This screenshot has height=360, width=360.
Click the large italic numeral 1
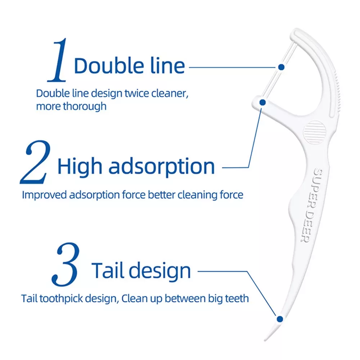(58, 60)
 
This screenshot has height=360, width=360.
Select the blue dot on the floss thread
(282, 67)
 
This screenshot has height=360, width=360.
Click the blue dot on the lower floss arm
(262, 103)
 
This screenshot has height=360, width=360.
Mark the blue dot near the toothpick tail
(279, 318)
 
